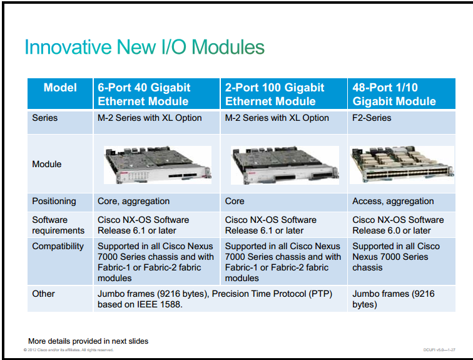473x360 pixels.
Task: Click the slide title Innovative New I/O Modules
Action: tap(145, 47)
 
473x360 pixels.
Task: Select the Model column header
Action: tap(60, 88)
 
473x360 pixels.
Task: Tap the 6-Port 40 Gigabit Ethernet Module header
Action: tap(144, 94)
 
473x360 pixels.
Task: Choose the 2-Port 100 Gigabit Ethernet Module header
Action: tap(275, 94)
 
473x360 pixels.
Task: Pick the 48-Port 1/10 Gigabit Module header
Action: tap(394, 94)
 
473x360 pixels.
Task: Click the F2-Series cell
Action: tap(372, 118)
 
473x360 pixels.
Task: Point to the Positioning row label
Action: tap(54, 201)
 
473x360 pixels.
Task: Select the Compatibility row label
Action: tap(58, 246)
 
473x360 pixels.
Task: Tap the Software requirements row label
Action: tap(58, 225)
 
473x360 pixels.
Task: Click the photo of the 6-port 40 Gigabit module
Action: tap(158, 165)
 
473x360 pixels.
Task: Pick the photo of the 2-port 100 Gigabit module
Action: tap(285, 165)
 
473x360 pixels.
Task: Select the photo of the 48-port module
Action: tap(402, 165)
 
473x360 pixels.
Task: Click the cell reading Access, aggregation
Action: tap(393, 201)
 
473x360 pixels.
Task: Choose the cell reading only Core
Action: tap(235, 201)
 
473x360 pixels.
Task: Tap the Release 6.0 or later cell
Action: tap(398, 225)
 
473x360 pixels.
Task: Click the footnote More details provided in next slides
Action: tap(88, 341)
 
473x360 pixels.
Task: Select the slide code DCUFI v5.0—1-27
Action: tap(439, 350)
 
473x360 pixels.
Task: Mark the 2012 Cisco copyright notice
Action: tap(68, 350)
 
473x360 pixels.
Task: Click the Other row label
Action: tap(43, 294)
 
